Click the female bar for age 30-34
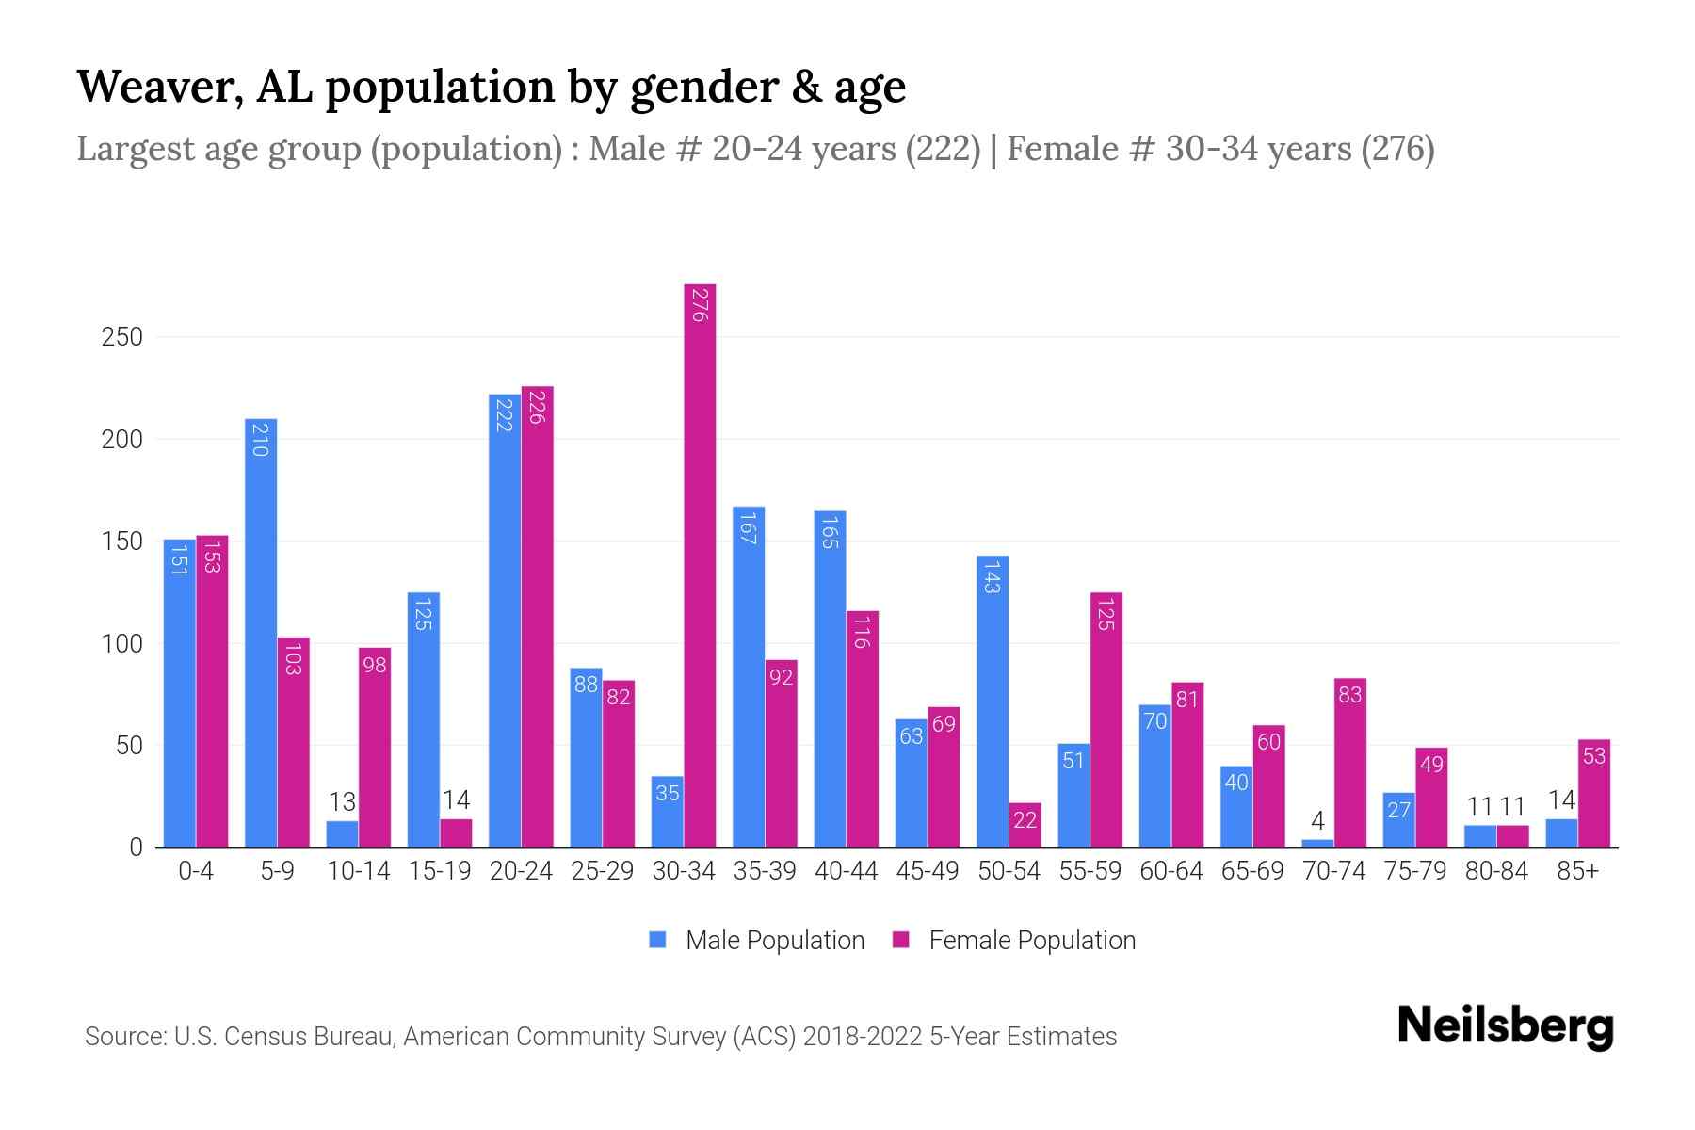700,565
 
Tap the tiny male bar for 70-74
1317,843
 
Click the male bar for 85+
1561,833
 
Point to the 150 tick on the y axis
122,541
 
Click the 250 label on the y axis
122,337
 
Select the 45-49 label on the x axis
928,871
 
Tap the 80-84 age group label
1496,871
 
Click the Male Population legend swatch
657,940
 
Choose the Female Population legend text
1032,940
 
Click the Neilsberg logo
1505,1026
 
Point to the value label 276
699,305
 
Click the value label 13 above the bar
342,801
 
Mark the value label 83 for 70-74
1350,695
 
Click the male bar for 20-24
505,621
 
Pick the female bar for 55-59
1106,720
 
